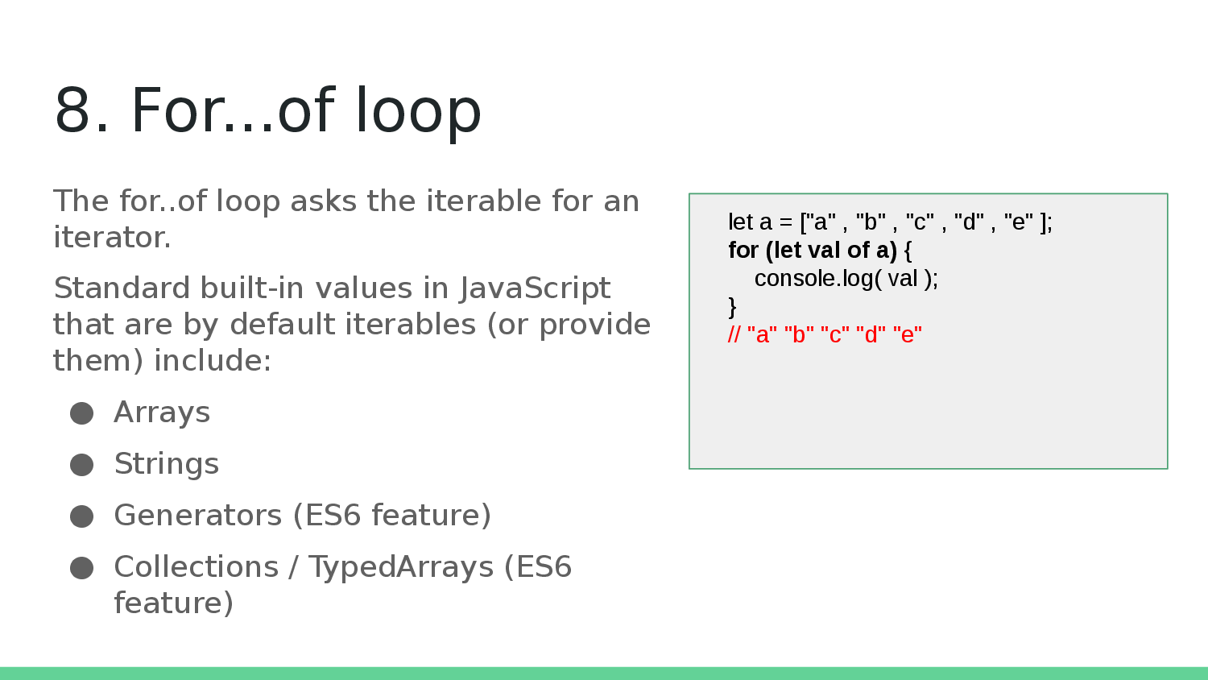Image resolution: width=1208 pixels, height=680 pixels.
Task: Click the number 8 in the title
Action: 72,110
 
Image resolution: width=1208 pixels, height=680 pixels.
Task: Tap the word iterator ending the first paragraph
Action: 112,237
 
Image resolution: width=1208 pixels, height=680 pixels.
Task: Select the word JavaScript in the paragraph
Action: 535,288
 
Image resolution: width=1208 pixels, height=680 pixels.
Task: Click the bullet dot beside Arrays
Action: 81,413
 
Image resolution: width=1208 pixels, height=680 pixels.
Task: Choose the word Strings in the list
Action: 167,464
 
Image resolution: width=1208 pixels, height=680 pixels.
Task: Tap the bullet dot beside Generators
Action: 81,516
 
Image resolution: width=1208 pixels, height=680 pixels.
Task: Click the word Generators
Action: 198,515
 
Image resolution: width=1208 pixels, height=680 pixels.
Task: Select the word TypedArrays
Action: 401,568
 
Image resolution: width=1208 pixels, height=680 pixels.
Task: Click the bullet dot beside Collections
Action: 81,568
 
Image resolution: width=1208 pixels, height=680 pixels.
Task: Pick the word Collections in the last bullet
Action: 197,566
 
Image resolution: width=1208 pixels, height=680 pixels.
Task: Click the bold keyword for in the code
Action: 743,250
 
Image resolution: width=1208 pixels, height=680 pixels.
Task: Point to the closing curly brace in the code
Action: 732,307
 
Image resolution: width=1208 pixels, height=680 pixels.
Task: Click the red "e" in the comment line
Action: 908,335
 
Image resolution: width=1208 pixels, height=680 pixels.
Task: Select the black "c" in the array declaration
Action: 920,222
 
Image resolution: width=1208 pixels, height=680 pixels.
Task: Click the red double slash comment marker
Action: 734,334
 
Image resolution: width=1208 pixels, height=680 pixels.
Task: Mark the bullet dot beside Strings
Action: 81,465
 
